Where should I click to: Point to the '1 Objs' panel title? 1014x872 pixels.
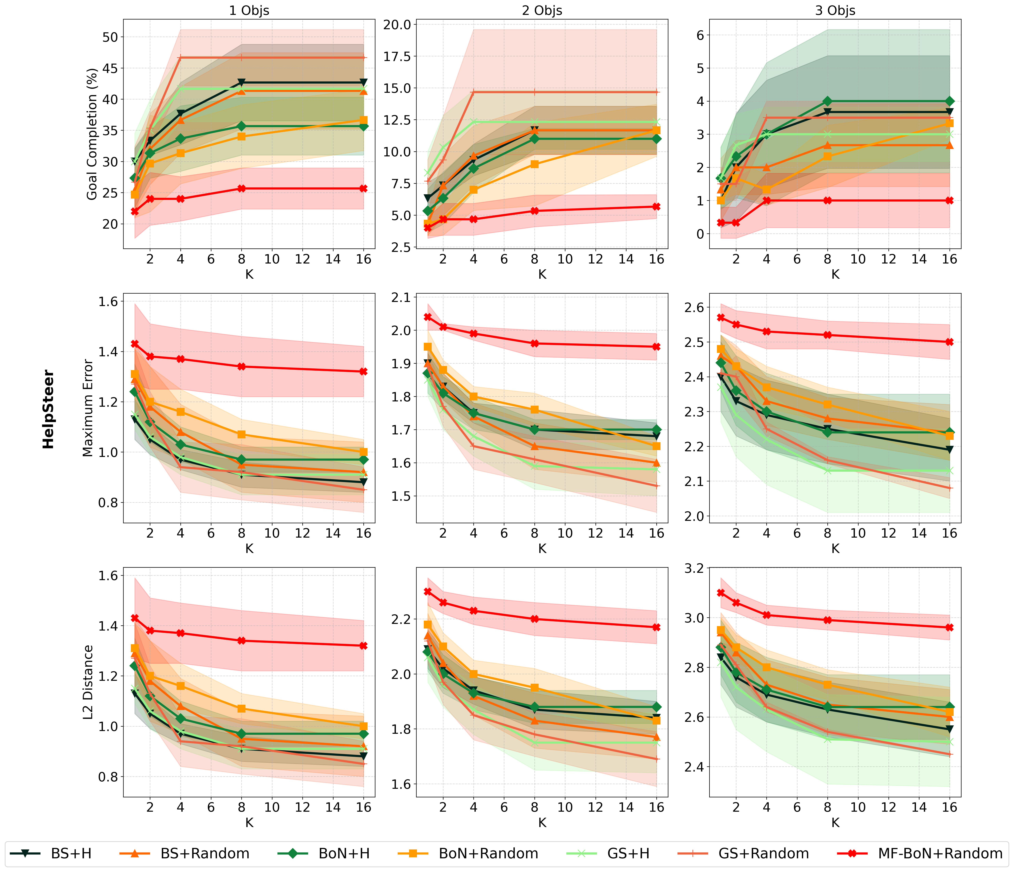(x=249, y=10)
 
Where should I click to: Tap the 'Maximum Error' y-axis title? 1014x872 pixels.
(x=88, y=408)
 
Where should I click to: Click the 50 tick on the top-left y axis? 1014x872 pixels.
(x=111, y=37)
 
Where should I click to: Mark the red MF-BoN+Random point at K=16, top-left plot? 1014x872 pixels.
(x=363, y=189)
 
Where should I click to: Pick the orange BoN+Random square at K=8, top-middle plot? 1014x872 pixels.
(x=534, y=164)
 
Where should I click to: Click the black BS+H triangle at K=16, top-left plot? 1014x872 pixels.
(x=363, y=82)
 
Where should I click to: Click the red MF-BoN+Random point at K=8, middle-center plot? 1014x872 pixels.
(x=534, y=343)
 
